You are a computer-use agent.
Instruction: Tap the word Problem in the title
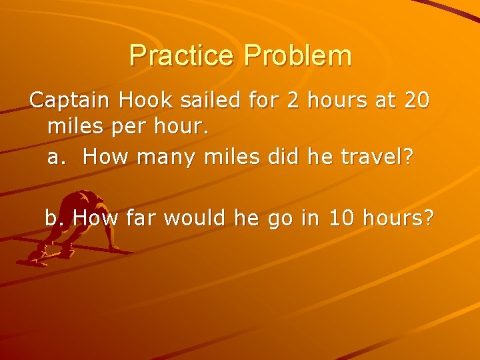(297, 55)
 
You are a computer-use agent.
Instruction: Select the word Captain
(69, 101)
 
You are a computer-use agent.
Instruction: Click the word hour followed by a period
(175, 127)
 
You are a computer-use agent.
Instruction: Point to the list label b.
(54, 217)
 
